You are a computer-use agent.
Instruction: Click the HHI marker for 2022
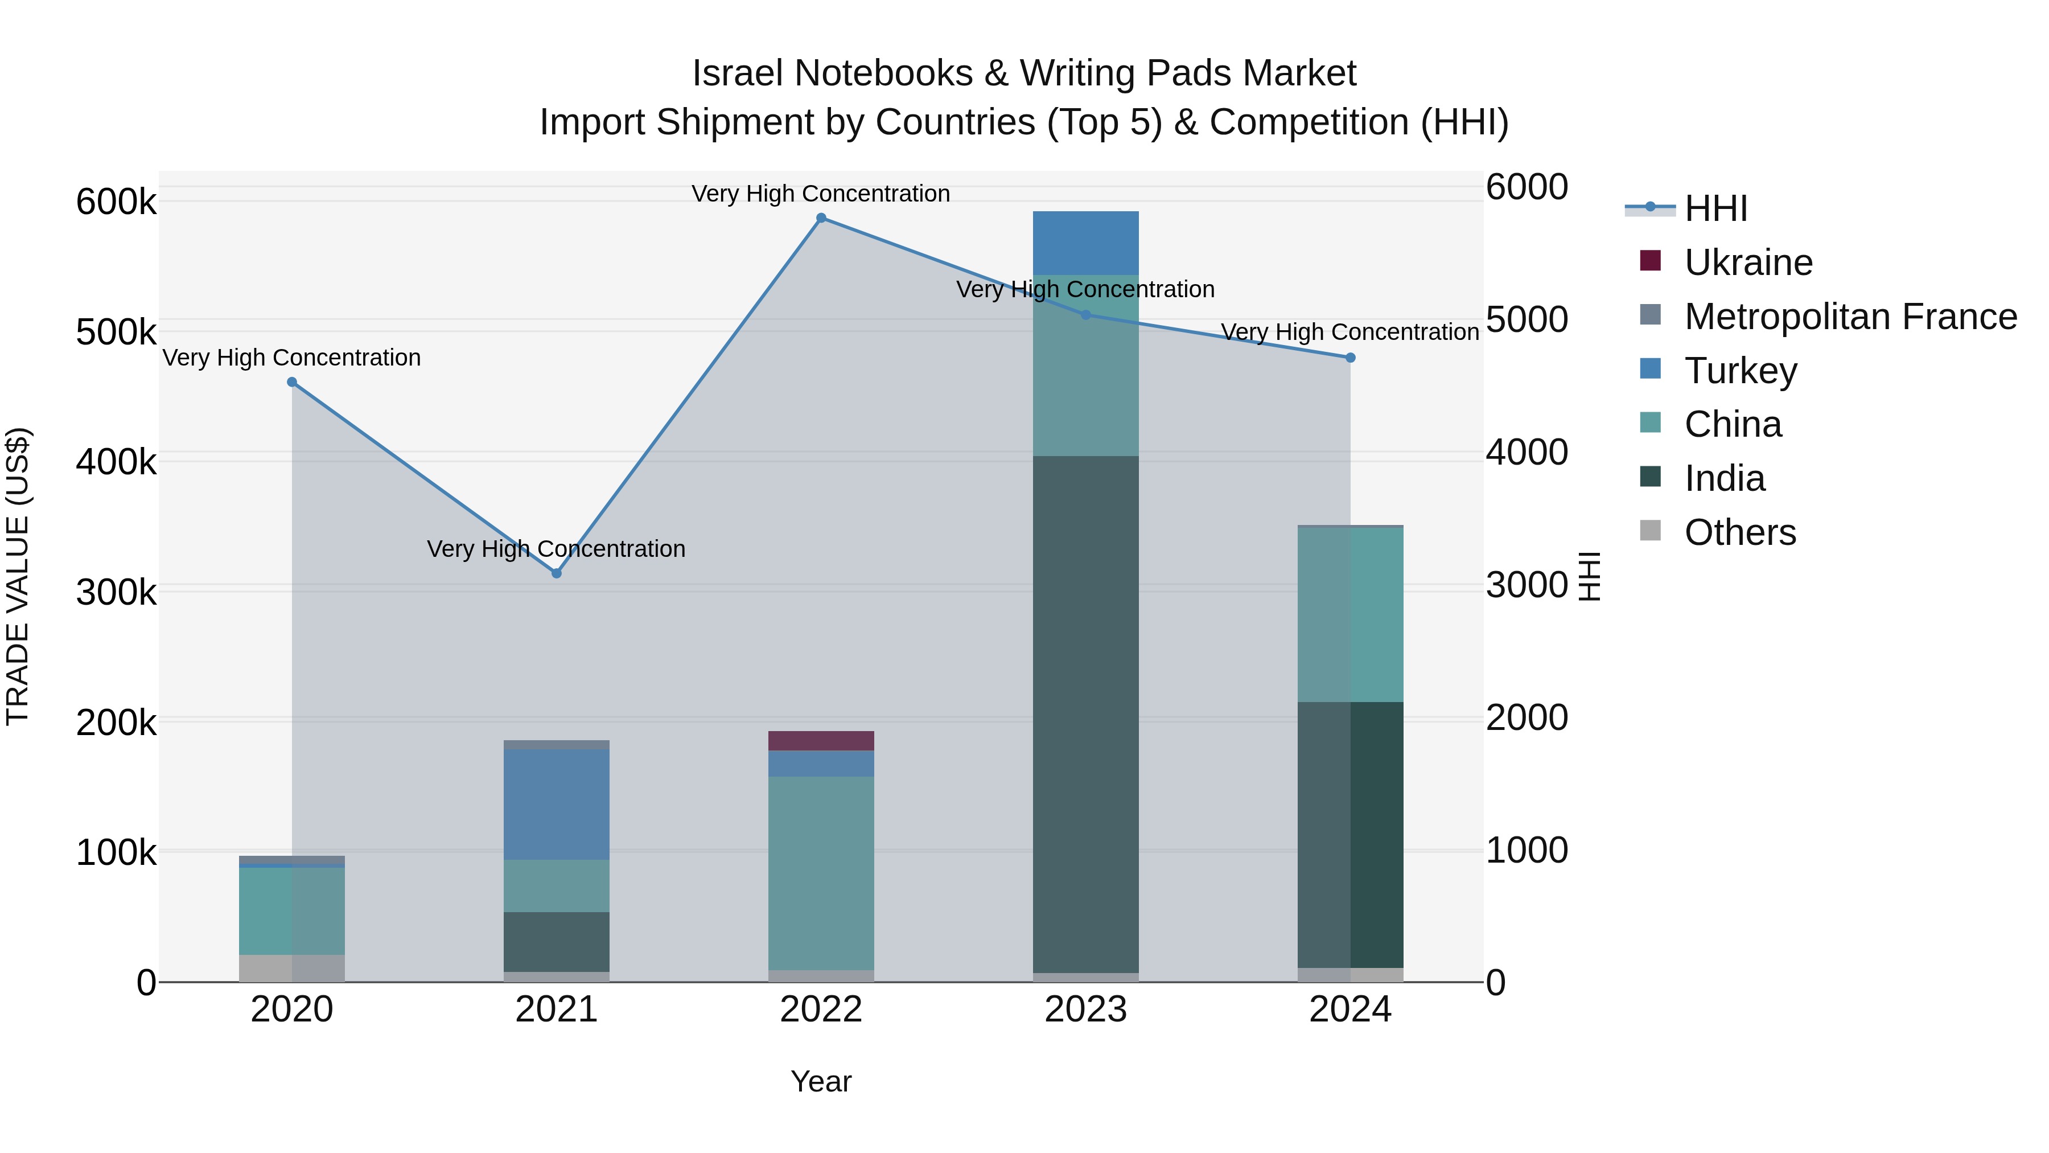(x=821, y=218)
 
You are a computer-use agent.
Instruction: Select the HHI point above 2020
(x=292, y=382)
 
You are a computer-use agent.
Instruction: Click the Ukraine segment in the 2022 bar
(x=821, y=741)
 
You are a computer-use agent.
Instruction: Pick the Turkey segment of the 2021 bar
(x=557, y=803)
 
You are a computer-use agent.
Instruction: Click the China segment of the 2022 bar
(x=821, y=873)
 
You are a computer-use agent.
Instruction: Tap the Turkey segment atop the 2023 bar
(x=1086, y=243)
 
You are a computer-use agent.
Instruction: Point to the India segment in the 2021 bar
(x=557, y=941)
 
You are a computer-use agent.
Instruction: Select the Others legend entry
(x=1739, y=532)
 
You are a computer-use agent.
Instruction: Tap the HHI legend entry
(x=1715, y=208)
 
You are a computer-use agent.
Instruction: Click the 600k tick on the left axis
(x=116, y=202)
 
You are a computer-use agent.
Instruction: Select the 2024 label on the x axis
(x=1350, y=1010)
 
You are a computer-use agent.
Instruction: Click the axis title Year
(x=821, y=1081)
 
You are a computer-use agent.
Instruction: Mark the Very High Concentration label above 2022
(x=821, y=194)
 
